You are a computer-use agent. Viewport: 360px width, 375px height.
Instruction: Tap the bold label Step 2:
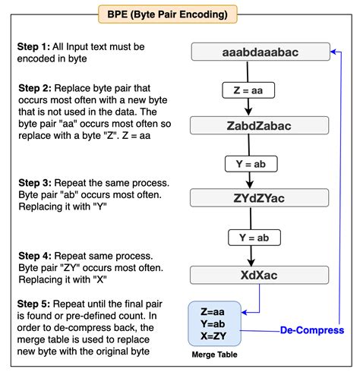pyautogui.click(x=35, y=90)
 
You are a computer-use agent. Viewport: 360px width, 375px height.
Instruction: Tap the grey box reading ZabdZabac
pyautogui.click(x=259, y=125)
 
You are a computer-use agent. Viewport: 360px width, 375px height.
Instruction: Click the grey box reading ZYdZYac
pyautogui.click(x=259, y=198)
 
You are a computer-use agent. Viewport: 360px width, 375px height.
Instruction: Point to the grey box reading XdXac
pyautogui.click(x=259, y=273)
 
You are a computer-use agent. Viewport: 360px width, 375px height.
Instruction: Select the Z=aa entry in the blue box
pyautogui.click(x=214, y=310)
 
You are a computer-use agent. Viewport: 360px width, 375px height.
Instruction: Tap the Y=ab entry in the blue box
pyautogui.click(x=214, y=323)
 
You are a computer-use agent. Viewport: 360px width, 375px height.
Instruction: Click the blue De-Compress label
pyautogui.click(x=311, y=330)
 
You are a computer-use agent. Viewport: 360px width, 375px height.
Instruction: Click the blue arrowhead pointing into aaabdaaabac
pyautogui.click(x=333, y=52)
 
